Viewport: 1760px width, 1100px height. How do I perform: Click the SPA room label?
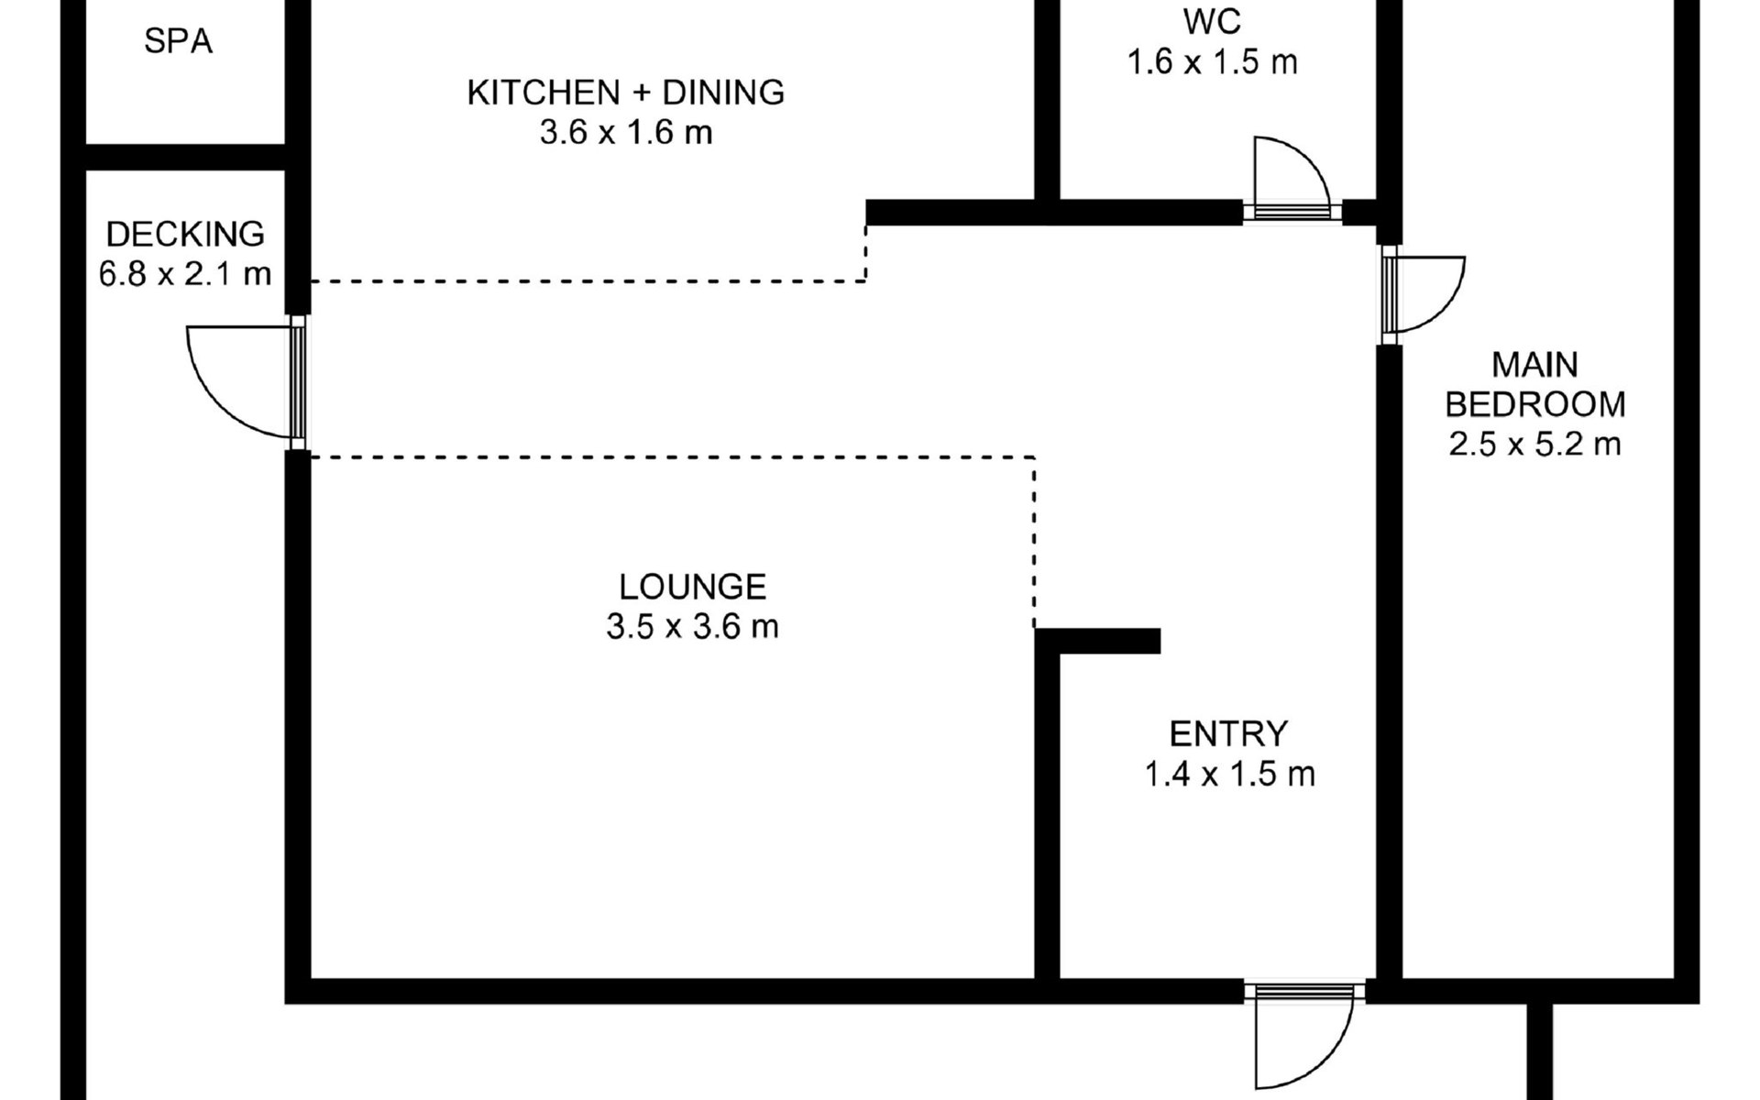178,41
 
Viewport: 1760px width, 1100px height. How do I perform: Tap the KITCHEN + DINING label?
626,93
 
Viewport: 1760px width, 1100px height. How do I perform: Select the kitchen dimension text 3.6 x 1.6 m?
626,133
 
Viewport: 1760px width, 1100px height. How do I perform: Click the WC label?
1212,21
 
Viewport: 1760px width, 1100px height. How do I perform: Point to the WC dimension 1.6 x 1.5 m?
1212,62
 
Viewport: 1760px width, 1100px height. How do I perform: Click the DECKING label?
185,235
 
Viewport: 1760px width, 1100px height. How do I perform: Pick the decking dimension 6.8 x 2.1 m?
185,274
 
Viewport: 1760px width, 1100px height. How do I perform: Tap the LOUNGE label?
692,587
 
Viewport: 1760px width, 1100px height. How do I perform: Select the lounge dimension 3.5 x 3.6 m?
692,627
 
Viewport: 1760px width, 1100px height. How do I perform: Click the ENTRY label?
1229,733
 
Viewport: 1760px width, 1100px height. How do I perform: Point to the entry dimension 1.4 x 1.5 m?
1229,775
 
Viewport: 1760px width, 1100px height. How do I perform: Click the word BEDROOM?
1535,404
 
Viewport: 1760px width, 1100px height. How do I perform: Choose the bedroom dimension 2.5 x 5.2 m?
1535,445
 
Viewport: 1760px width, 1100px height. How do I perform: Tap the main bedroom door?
1424,294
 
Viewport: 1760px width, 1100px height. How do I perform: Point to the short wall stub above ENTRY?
1097,641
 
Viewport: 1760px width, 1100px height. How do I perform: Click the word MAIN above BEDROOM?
1535,365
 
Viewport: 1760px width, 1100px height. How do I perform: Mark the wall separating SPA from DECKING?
186,158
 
